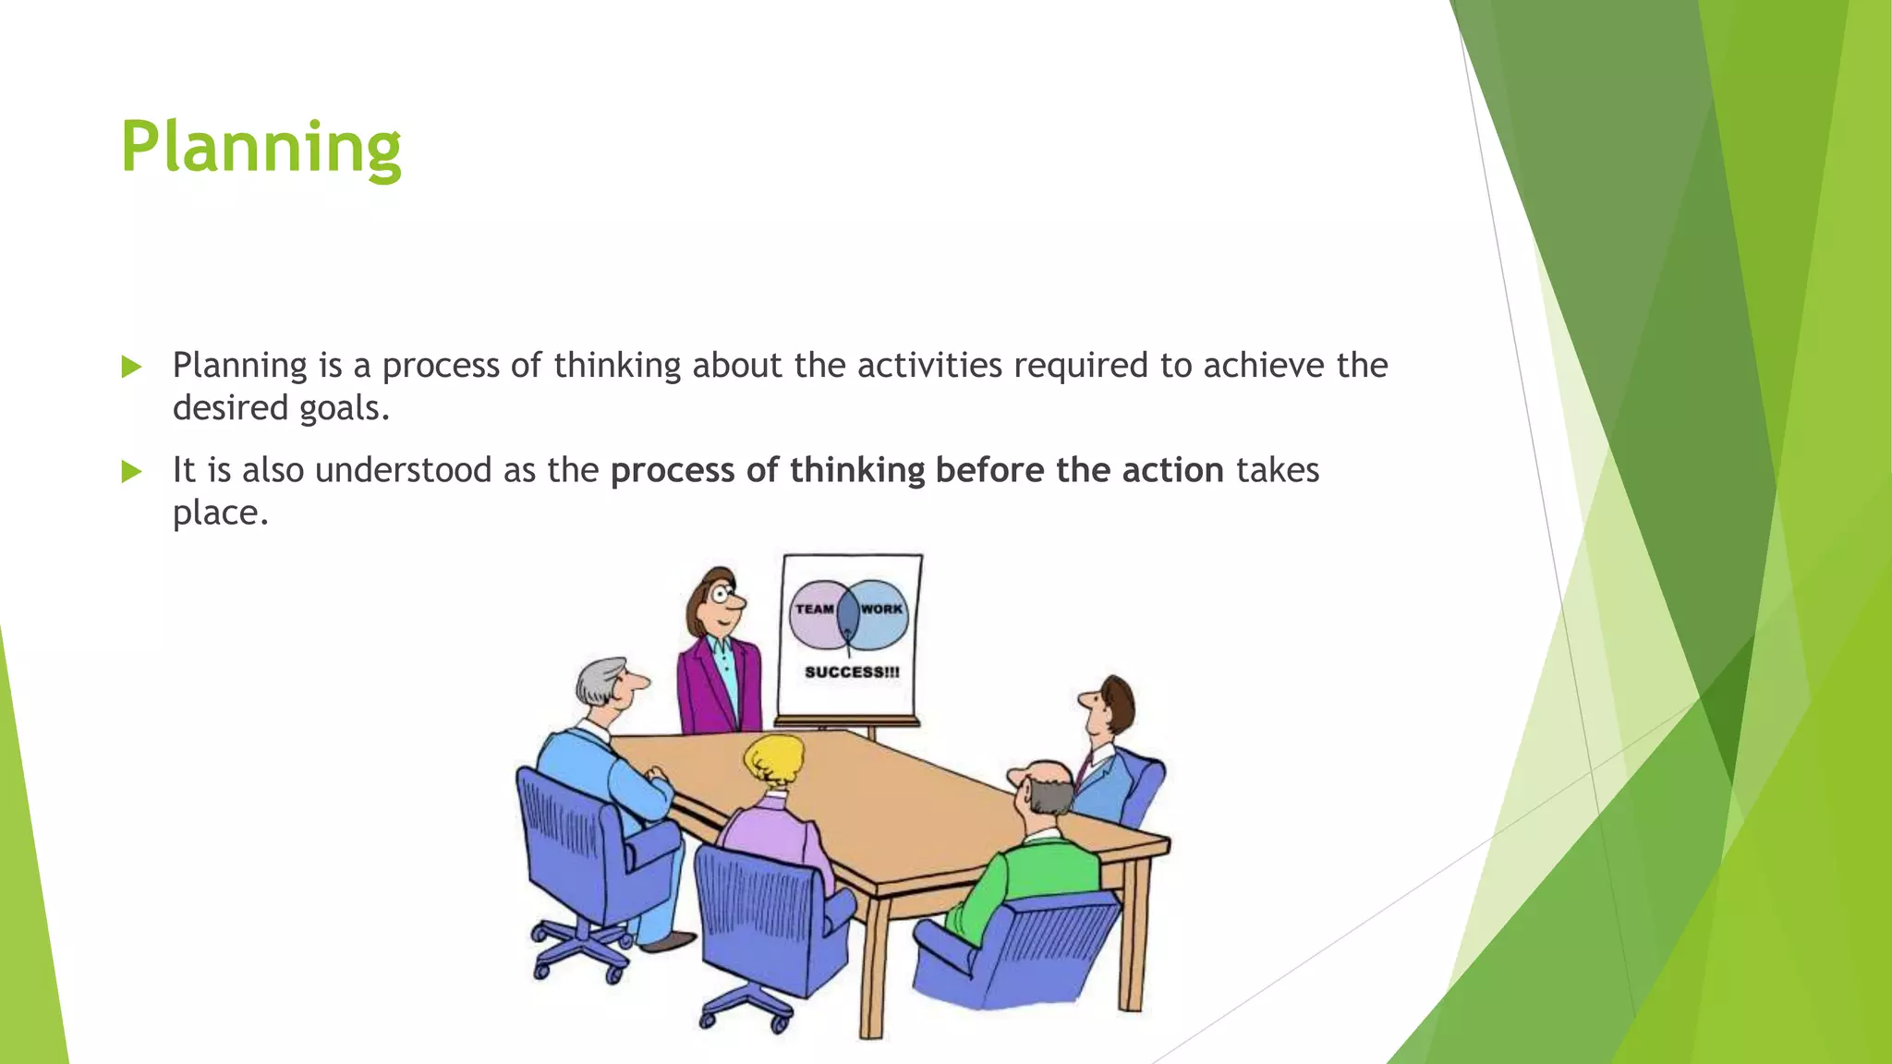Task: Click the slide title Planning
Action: [261, 148]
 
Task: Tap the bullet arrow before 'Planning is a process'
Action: [131, 368]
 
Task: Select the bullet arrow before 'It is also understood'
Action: [131, 472]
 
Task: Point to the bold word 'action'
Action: [1172, 470]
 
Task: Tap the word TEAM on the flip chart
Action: [814, 609]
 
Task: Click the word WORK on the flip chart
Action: [881, 609]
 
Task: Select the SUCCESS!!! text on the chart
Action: [851, 671]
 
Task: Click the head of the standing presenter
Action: [716, 600]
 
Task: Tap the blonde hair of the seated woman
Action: [774, 757]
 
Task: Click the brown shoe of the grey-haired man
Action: [667, 941]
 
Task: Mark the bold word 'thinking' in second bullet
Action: [856, 470]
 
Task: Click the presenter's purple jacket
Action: [702, 688]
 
